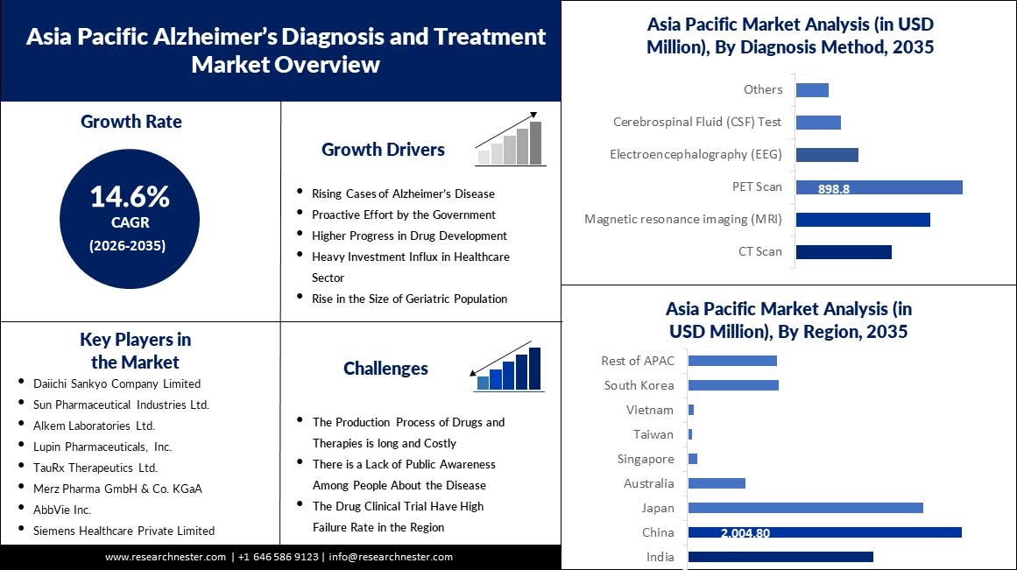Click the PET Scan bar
pos(879,187)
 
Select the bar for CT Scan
pos(844,251)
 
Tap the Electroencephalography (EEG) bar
pos(827,155)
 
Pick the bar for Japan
pos(806,508)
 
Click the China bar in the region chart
pos(825,532)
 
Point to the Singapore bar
pos(693,459)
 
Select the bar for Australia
pos(717,483)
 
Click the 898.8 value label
pos(833,189)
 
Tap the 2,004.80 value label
pos(745,533)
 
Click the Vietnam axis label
pos(650,410)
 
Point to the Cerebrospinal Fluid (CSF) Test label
pos(697,122)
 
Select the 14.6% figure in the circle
pos(130,196)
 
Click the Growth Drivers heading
pos(384,150)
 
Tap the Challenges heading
pos(386,369)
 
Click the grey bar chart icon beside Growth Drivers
pos(510,139)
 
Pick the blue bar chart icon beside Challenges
pos(507,366)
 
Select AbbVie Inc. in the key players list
pos(62,510)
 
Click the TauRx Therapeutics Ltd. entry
pos(95,468)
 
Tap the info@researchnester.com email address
pos(391,557)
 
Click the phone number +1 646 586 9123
pos(279,557)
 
